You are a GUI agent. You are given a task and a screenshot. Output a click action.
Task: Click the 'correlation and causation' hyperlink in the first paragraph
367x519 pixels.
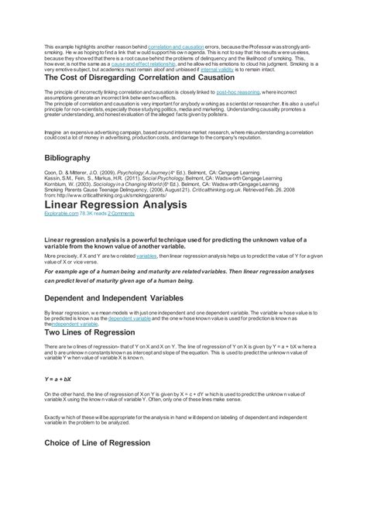click(175, 47)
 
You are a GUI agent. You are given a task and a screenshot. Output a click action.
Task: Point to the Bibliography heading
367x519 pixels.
click(73, 158)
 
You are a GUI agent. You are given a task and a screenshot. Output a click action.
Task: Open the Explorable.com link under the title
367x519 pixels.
click(63, 212)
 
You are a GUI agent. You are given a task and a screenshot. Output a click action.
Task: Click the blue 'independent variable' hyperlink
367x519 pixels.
click(70, 324)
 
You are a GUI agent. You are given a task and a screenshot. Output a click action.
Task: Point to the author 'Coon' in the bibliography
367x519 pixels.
click(51, 171)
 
